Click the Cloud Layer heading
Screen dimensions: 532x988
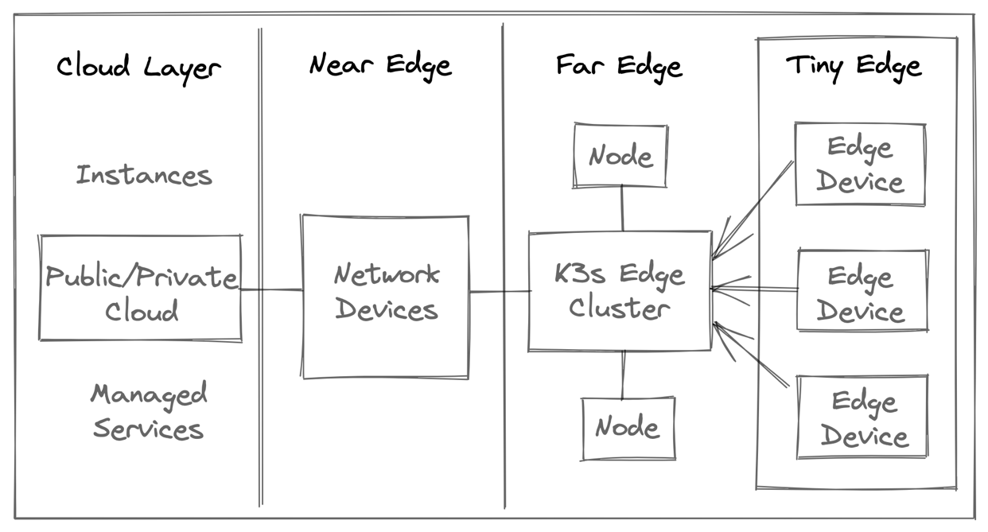click(x=138, y=68)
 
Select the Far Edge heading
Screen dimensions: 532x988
click(x=619, y=66)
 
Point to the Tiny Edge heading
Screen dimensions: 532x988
click(x=854, y=66)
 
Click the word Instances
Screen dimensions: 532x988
click(x=144, y=175)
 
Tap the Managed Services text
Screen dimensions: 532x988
click(x=149, y=412)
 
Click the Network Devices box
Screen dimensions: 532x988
click(x=386, y=295)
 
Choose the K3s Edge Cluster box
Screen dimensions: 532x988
click(x=620, y=291)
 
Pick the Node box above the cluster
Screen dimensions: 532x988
click(x=620, y=156)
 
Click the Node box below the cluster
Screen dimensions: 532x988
click(x=628, y=428)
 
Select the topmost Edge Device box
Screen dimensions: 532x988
click(x=860, y=165)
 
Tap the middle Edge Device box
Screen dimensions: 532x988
click(x=862, y=291)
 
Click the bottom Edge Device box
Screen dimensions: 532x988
click(x=863, y=417)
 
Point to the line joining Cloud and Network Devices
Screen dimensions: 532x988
click(x=271, y=289)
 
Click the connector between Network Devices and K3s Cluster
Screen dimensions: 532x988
click(x=500, y=292)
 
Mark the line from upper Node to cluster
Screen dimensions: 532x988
click(x=622, y=209)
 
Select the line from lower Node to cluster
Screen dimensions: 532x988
click(x=623, y=374)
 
